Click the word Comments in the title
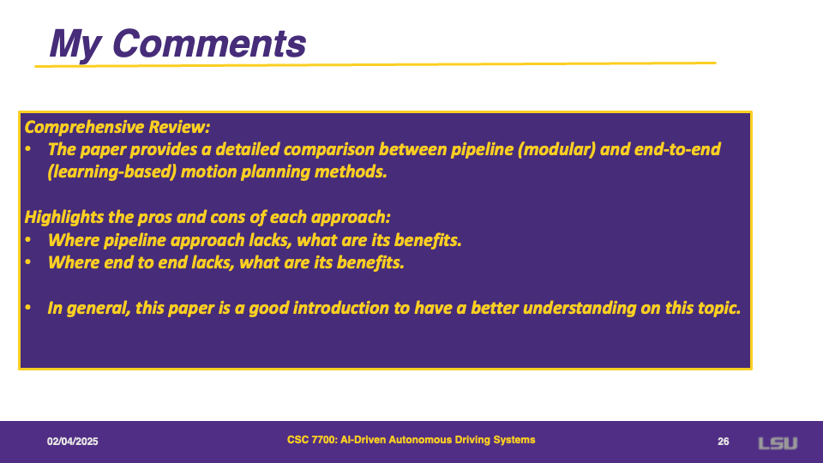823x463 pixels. [209, 43]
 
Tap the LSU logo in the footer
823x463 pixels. [778, 443]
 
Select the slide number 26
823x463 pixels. [724, 442]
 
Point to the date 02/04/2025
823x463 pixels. [72, 442]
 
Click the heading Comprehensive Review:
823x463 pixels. [117, 127]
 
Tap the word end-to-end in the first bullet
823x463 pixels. [677, 149]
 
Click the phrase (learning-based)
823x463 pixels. [111, 172]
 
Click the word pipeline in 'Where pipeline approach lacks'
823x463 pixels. [135, 240]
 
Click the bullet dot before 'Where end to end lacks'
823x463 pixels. [27, 262]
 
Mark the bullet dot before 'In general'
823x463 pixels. [27, 308]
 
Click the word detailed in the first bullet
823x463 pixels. [247, 149]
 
